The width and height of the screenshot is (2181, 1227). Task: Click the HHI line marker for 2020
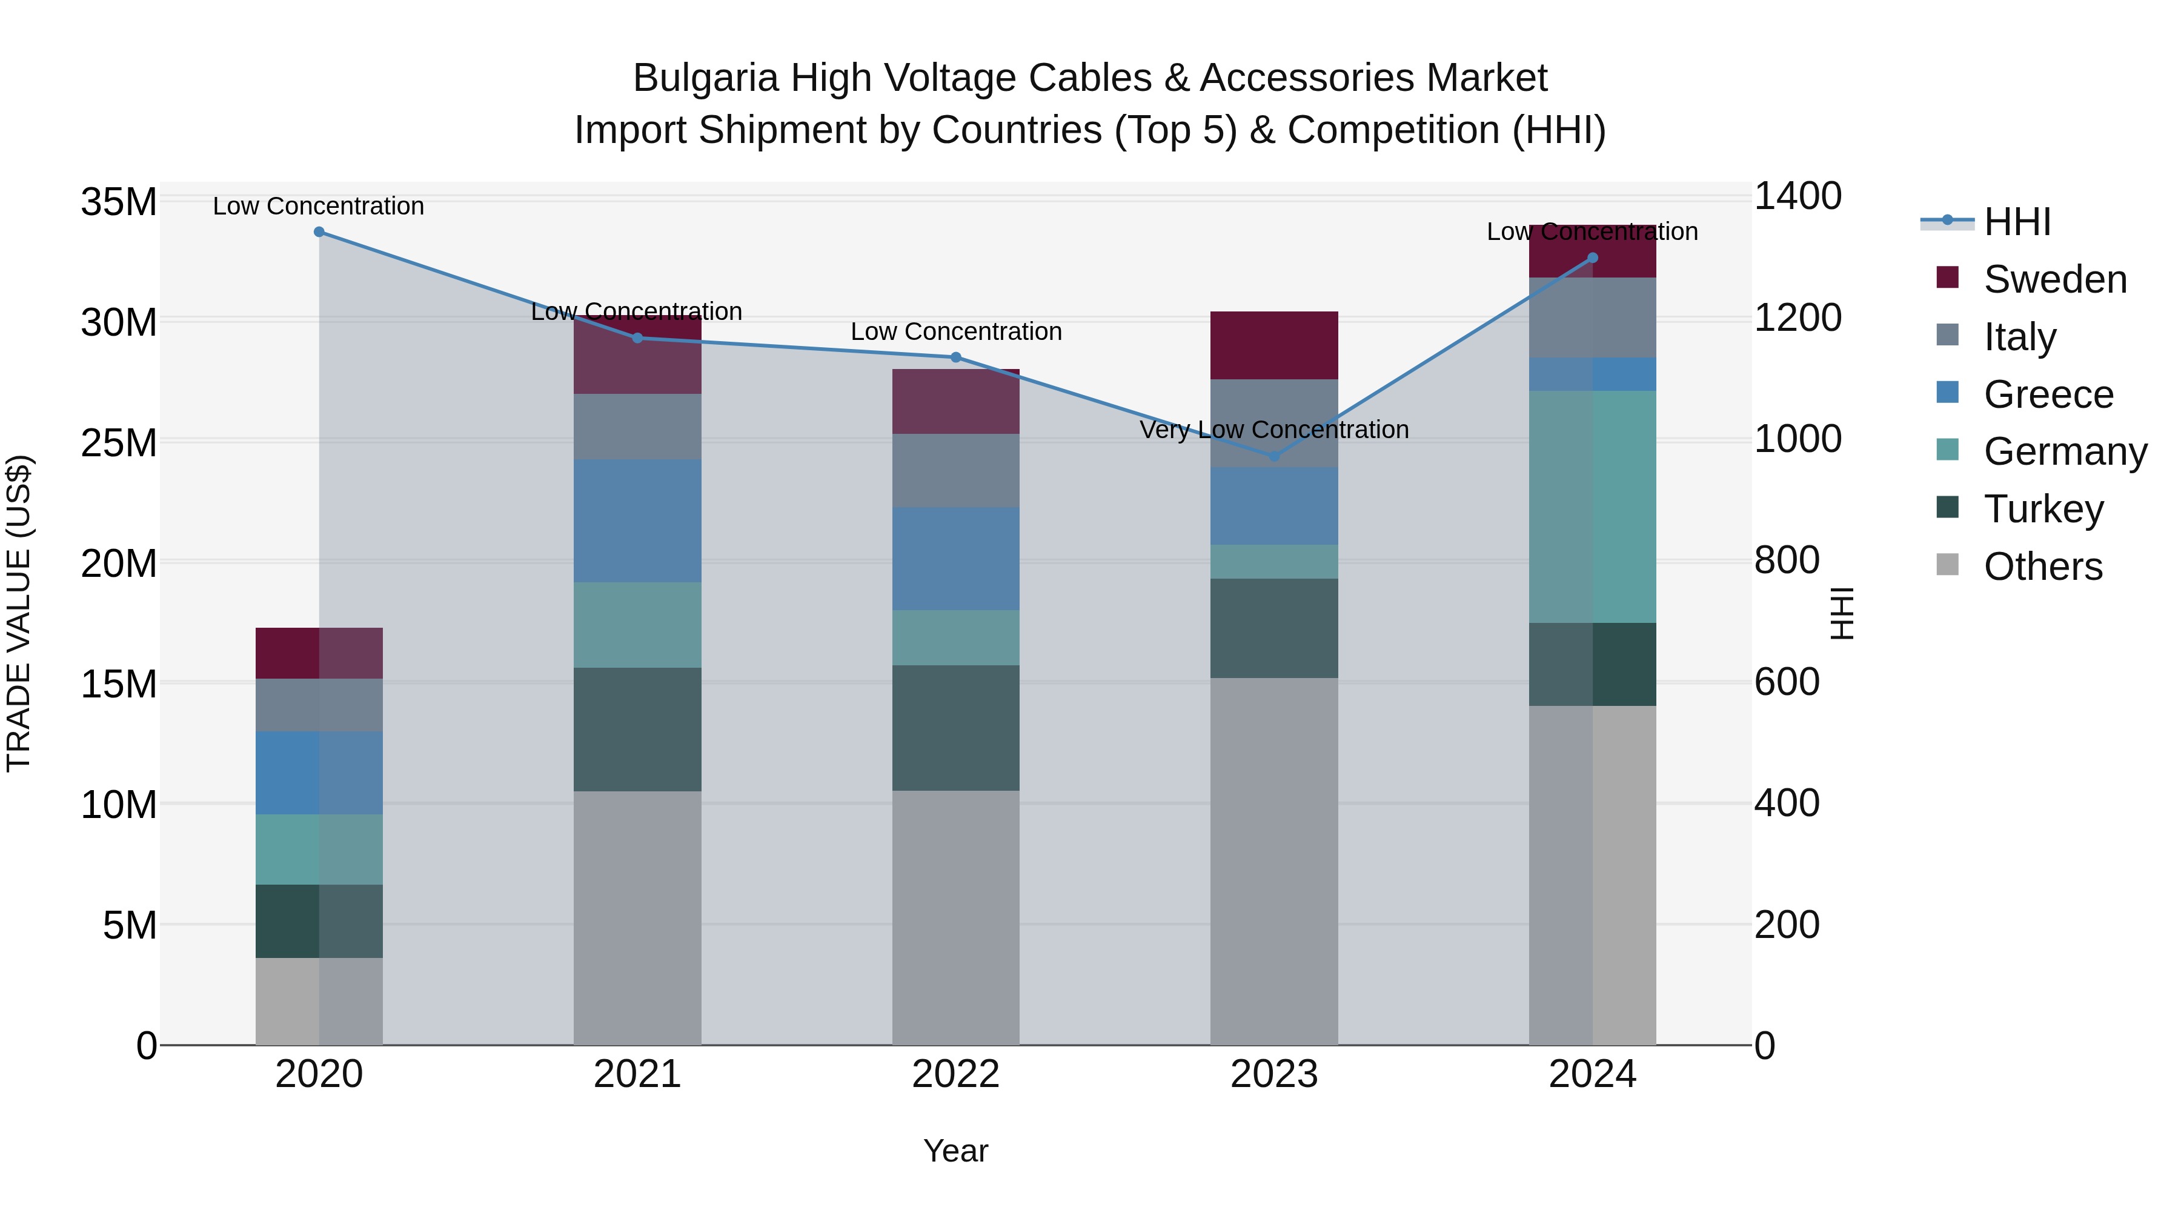(319, 232)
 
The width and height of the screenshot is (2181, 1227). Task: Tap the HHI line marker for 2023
(1274, 456)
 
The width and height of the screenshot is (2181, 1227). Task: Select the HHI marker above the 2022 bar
(956, 357)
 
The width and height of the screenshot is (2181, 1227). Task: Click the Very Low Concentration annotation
(1274, 430)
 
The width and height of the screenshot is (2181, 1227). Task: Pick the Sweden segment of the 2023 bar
(1274, 345)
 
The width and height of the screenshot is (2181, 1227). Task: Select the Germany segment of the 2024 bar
(1593, 507)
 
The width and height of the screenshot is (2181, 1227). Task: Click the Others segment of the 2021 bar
(637, 918)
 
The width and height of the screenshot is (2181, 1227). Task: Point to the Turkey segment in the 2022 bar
(956, 728)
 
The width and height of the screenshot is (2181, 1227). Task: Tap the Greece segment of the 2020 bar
(319, 773)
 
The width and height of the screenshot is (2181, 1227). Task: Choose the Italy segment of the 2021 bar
(637, 427)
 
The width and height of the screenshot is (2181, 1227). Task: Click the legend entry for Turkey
(2043, 510)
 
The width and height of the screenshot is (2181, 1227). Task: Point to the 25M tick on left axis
(119, 444)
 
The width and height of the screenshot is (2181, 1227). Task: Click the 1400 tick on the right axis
(1798, 196)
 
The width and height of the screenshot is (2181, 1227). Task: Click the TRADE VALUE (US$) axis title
(19, 613)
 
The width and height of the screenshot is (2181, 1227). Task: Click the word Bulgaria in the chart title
(705, 79)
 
